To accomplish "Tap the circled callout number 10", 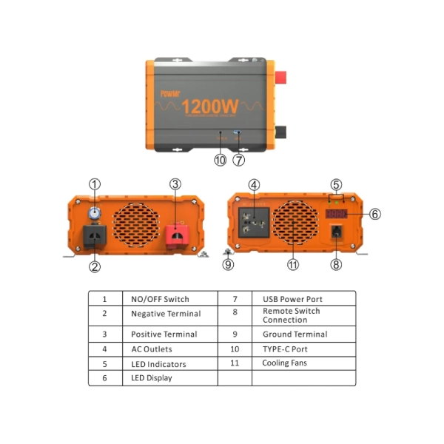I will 220,159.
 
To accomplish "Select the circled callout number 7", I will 239,159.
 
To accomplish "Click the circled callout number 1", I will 95,184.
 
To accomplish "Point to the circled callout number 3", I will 175,184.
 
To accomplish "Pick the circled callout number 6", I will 375,214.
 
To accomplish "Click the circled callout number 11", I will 293,264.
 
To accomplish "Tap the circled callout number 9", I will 229,263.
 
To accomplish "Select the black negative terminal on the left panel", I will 95,236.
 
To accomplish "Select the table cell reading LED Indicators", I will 158,364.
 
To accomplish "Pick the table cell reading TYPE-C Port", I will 284,349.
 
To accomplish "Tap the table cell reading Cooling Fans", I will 284,363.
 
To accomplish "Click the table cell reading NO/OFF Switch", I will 160,299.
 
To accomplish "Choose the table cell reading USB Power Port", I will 292,299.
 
